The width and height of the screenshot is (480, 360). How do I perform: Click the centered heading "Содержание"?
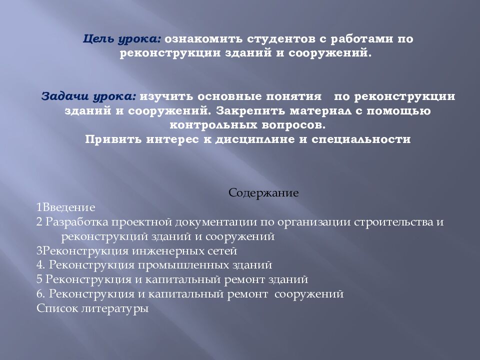tap(263, 192)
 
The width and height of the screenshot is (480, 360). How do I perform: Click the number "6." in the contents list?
tap(41, 294)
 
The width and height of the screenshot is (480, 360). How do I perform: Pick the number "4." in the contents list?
tap(41, 265)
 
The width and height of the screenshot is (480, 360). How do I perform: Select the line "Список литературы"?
tap(93, 308)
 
